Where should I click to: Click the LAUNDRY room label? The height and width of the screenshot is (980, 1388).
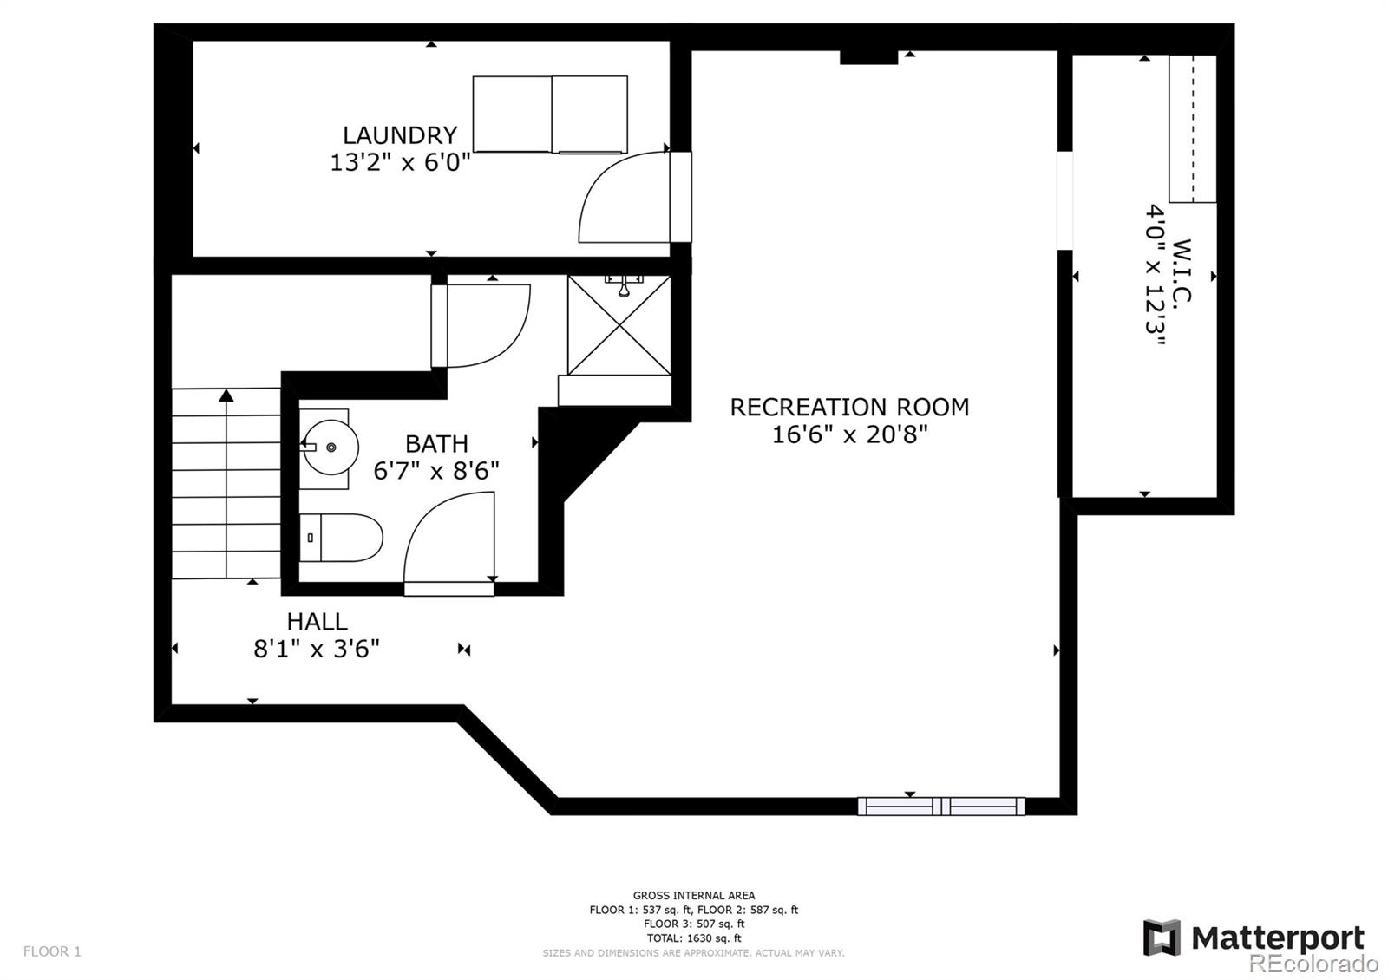click(400, 135)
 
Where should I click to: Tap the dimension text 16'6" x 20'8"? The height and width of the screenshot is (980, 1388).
click(849, 434)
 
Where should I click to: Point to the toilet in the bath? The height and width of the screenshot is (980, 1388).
click(343, 538)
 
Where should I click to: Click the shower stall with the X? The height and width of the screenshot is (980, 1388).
click(619, 325)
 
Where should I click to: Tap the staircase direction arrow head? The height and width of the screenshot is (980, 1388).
click(226, 395)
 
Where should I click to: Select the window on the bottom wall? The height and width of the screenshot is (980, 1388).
click(941, 807)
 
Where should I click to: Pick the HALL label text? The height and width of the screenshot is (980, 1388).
click(317, 622)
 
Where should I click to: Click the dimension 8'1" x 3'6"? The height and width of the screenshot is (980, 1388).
click(317, 649)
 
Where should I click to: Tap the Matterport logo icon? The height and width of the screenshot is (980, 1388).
click(1162, 938)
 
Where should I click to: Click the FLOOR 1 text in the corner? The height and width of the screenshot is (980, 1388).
click(52, 951)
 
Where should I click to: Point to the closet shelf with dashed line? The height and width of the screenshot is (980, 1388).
click(1192, 128)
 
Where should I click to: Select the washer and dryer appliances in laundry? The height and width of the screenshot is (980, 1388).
click(550, 114)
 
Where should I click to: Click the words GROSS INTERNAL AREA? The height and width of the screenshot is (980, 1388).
click(693, 895)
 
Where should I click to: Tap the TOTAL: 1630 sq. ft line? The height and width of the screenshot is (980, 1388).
click(693, 938)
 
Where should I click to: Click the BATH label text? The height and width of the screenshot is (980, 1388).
click(436, 444)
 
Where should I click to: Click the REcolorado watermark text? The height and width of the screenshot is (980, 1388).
click(1313, 963)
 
